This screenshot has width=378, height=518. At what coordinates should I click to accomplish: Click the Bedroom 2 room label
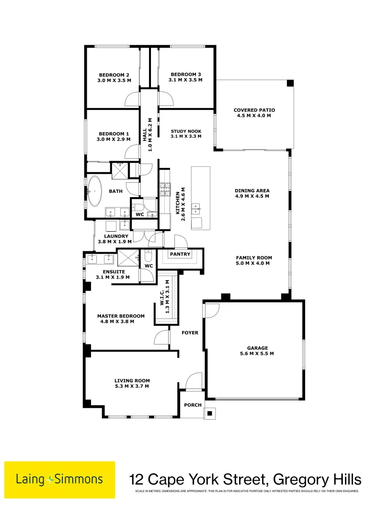(114, 74)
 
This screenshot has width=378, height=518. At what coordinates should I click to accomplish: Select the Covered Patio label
(253, 110)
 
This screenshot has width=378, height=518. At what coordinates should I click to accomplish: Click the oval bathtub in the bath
(94, 191)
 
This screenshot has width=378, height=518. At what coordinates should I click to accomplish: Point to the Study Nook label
(186, 131)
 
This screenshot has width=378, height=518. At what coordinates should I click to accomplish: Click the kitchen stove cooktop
(165, 189)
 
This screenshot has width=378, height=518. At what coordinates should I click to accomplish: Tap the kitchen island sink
(196, 209)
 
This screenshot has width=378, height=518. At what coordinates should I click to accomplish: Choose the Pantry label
(180, 254)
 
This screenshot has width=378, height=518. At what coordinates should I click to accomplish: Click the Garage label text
(257, 348)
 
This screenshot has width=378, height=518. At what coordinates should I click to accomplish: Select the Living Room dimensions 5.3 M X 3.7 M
(132, 386)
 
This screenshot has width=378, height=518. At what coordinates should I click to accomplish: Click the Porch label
(193, 405)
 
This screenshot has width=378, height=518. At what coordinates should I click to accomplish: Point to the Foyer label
(190, 332)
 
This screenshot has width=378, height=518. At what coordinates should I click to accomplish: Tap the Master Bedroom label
(121, 316)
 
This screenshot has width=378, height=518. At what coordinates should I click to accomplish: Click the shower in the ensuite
(127, 258)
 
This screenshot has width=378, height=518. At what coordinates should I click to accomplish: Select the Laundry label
(116, 236)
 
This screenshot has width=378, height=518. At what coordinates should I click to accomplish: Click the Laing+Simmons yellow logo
(60, 479)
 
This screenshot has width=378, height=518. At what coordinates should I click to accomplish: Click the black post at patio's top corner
(290, 83)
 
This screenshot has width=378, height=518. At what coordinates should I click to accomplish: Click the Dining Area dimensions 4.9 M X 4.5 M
(252, 196)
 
